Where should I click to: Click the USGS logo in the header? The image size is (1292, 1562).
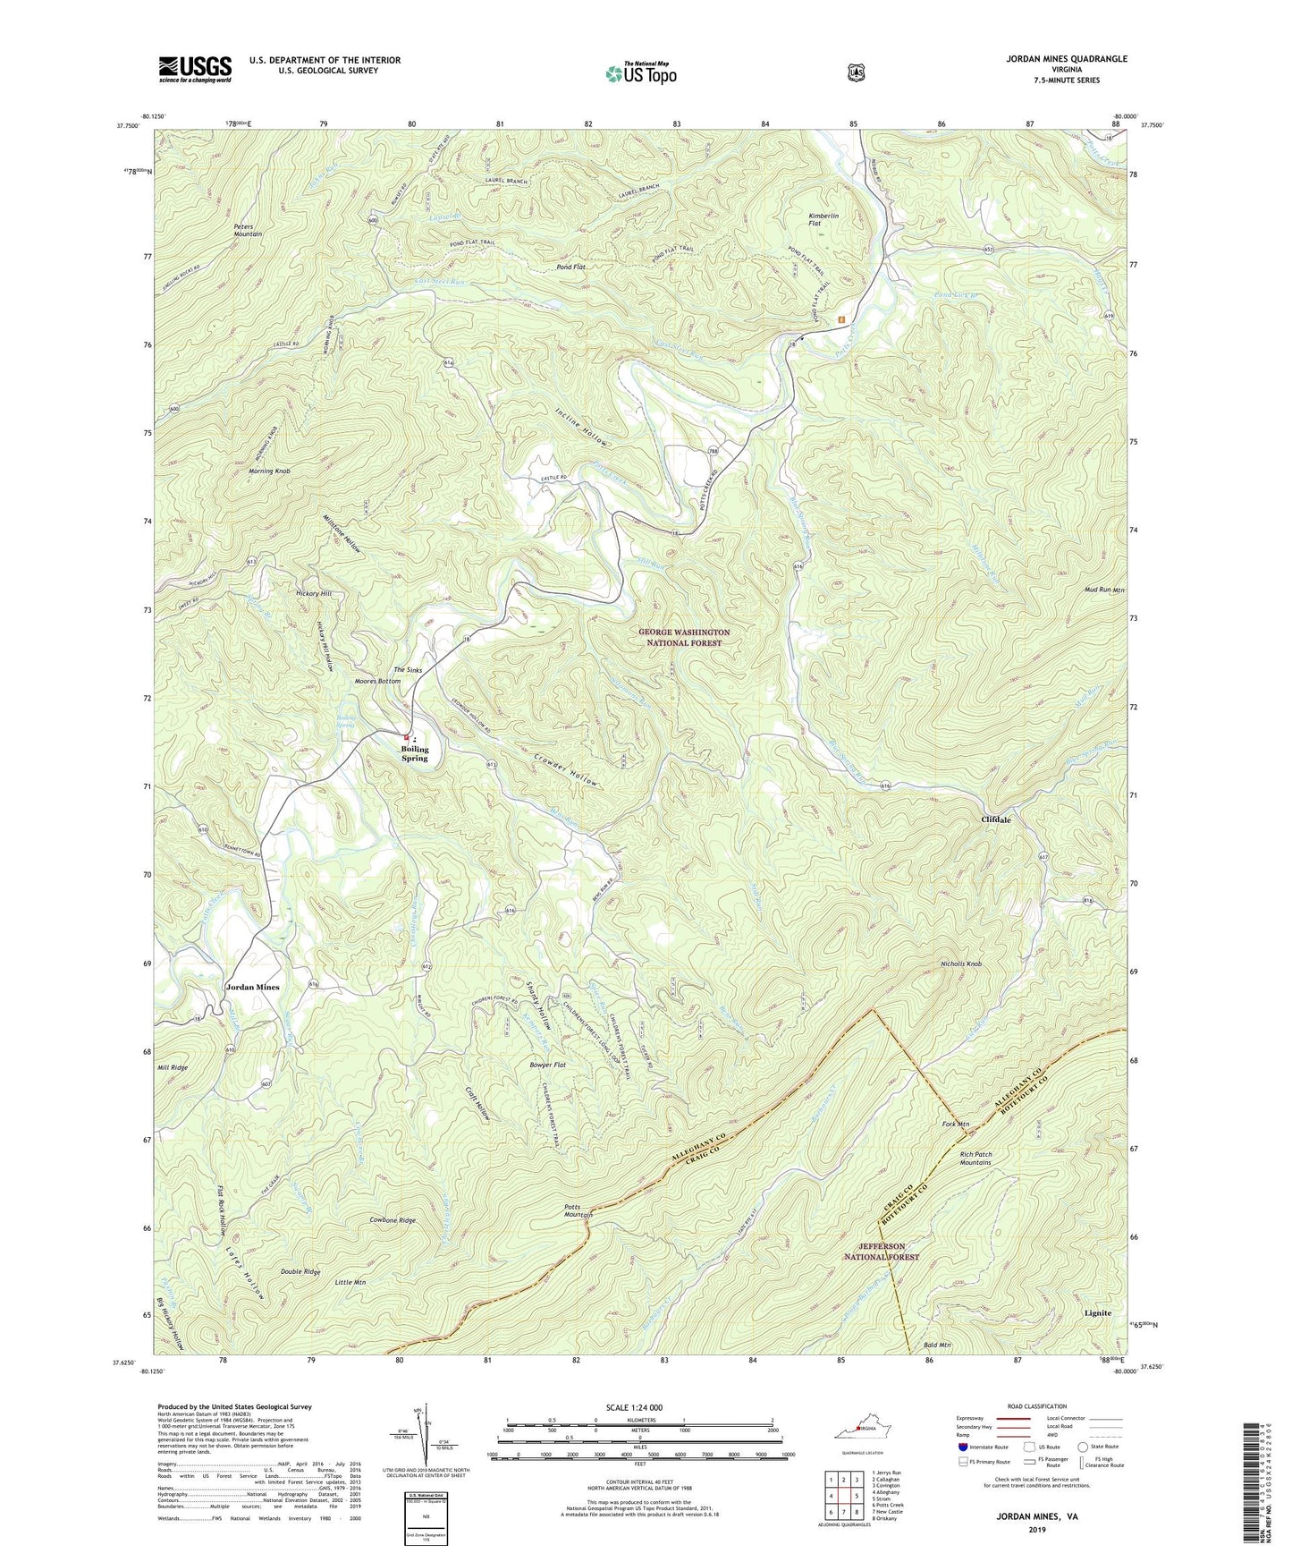tap(195, 69)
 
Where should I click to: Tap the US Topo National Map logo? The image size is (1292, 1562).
tap(640, 73)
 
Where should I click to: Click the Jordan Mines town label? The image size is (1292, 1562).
tap(252, 987)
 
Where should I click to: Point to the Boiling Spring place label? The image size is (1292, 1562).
tap(414, 753)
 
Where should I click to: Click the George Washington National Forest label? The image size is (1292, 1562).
tap(684, 637)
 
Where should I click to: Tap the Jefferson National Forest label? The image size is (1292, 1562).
tap(882, 1251)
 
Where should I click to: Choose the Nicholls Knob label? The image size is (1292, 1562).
tap(961, 964)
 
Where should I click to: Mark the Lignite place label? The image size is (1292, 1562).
tap(1098, 1312)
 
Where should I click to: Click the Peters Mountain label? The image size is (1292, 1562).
tap(248, 230)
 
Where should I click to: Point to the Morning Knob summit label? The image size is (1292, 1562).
tap(269, 471)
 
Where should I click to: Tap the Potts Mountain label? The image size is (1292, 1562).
tap(578, 1210)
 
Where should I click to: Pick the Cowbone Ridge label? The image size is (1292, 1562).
tap(393, 1219)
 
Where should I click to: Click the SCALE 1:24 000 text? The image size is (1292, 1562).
tap(634, 1407)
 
